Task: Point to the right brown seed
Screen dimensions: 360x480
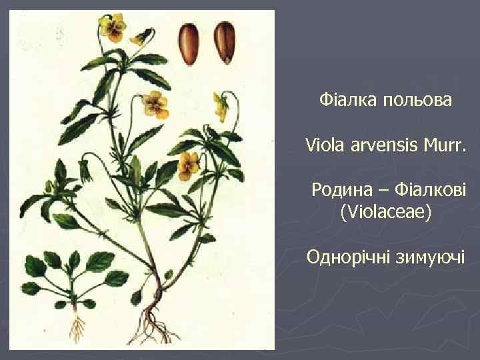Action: point(224,41)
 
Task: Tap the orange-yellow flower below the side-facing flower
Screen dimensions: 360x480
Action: point(189,161)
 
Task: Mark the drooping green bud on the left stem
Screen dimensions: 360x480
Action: point(85,171)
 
